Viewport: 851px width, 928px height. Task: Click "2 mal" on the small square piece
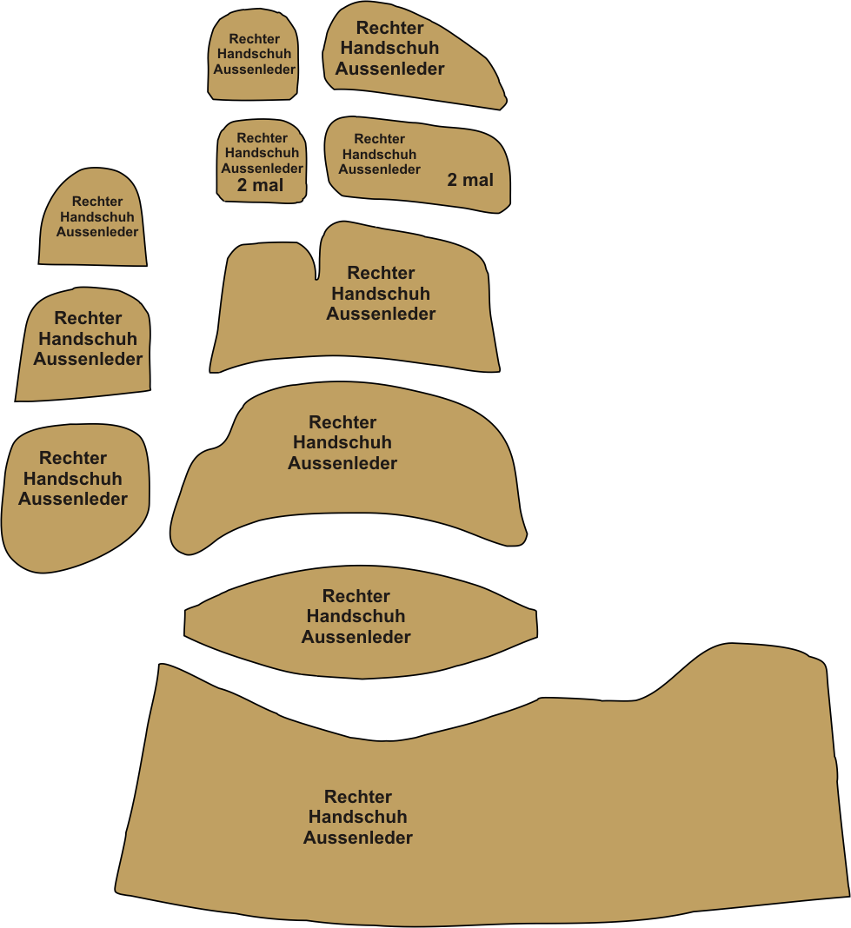[x=260, y=185]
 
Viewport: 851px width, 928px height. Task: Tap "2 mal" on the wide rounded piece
[x=470, y=180]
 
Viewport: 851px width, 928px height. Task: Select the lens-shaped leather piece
[x=361, y=622]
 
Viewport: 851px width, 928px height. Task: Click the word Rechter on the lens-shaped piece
[x=356, y=596]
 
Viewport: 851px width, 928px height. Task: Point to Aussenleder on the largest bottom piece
[x=357, y=838]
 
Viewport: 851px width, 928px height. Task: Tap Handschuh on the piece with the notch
[x=381, y=294]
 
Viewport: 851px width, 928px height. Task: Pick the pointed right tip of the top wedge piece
[x=505, y=103]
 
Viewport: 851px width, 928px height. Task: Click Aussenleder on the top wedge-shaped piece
[x=389, y=69]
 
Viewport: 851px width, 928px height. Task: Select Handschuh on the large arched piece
[x=342, y=442]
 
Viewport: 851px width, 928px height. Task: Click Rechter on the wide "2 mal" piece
[x=380, y=139]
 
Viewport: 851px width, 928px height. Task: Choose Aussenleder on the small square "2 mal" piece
[x=262, y=169]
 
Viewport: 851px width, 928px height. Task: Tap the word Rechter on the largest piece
[x=357, y=797]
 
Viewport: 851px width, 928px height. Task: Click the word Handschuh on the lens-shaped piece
[x=356, y=616]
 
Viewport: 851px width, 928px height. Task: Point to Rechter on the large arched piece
[x=342, y=422]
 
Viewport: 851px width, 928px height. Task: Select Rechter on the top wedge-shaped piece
[x=389, y=28]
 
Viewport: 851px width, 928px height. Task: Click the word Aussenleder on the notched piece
[x=381, y=314]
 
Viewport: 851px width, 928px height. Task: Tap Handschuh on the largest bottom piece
[x=357, y=817]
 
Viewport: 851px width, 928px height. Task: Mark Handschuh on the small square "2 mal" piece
[x=262, y=153]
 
